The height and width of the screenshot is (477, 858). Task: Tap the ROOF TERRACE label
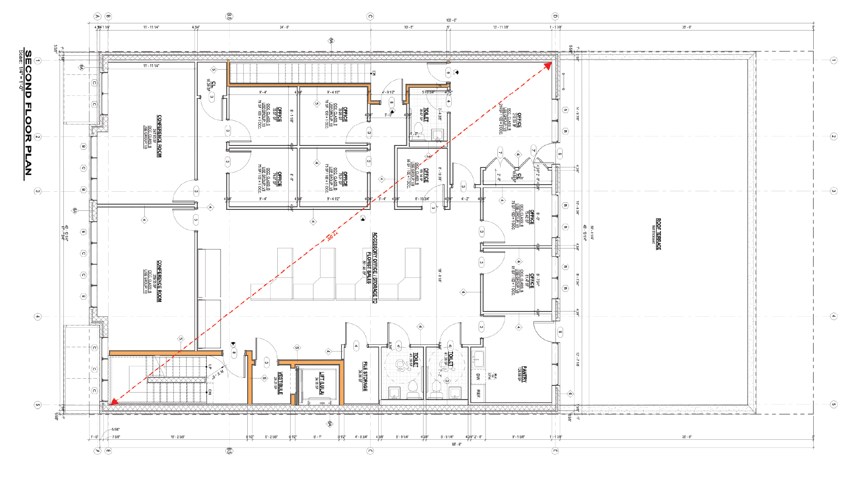pyautogui.click(x=658, y=234)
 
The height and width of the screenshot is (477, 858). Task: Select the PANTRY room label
pyautogui.click(x=524, y=374)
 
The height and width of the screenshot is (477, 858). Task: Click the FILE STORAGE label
pyautogui.click(x=365, y=376)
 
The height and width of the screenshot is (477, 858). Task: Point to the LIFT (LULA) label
pyautogui.click(x=322, y=383)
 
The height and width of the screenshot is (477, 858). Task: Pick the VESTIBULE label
pyautogui.click(x=280, y=383)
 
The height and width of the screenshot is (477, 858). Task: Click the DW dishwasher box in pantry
pyautogui.click(x=478, y=376)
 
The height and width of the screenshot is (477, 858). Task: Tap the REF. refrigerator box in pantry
pyautogui.click(x=478, y=394)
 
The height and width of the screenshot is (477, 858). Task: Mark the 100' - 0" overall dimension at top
pyautogui.click(x=451, y=21)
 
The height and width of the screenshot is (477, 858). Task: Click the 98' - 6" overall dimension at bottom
pyautogui.click(x=456, y=444)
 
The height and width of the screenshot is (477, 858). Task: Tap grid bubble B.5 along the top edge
pyautogui.click(x=229, y=17)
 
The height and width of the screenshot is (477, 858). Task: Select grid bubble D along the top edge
pyautogui.click(x=555, y=17)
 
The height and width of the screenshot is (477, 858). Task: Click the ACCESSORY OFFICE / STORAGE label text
pyautogui.click(x=374, y=268)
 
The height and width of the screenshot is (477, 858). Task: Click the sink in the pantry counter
pyautogui.click(x=478, y=359)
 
